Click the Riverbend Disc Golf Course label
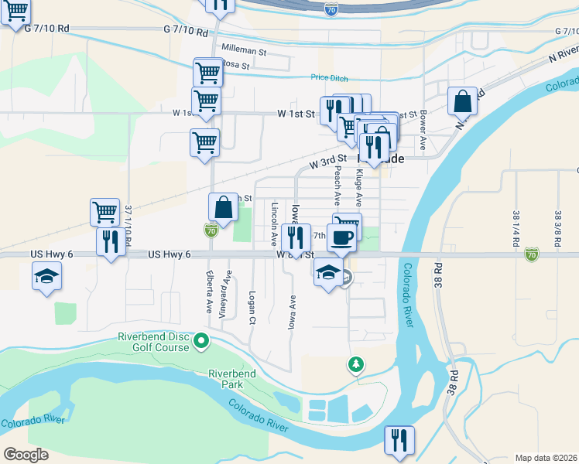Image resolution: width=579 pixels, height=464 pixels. pos(153,342)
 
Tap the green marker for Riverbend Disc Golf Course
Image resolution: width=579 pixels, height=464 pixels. pos(202,340)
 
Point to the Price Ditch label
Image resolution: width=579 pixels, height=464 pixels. pos(329,78)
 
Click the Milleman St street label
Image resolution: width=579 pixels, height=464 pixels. pos(243,48)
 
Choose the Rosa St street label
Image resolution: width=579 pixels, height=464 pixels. pos(235,65)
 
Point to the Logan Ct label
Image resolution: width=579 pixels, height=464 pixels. pos(252,307)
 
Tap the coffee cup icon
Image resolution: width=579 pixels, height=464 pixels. pos(341,237)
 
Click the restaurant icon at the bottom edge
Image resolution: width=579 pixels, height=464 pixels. pos(399,440)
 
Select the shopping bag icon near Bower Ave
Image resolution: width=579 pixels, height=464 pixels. pos(462,101)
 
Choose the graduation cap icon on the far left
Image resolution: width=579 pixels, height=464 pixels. pos(46,275)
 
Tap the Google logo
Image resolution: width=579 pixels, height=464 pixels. pos(26,455)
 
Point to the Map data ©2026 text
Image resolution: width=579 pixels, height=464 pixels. pos(546,458)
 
